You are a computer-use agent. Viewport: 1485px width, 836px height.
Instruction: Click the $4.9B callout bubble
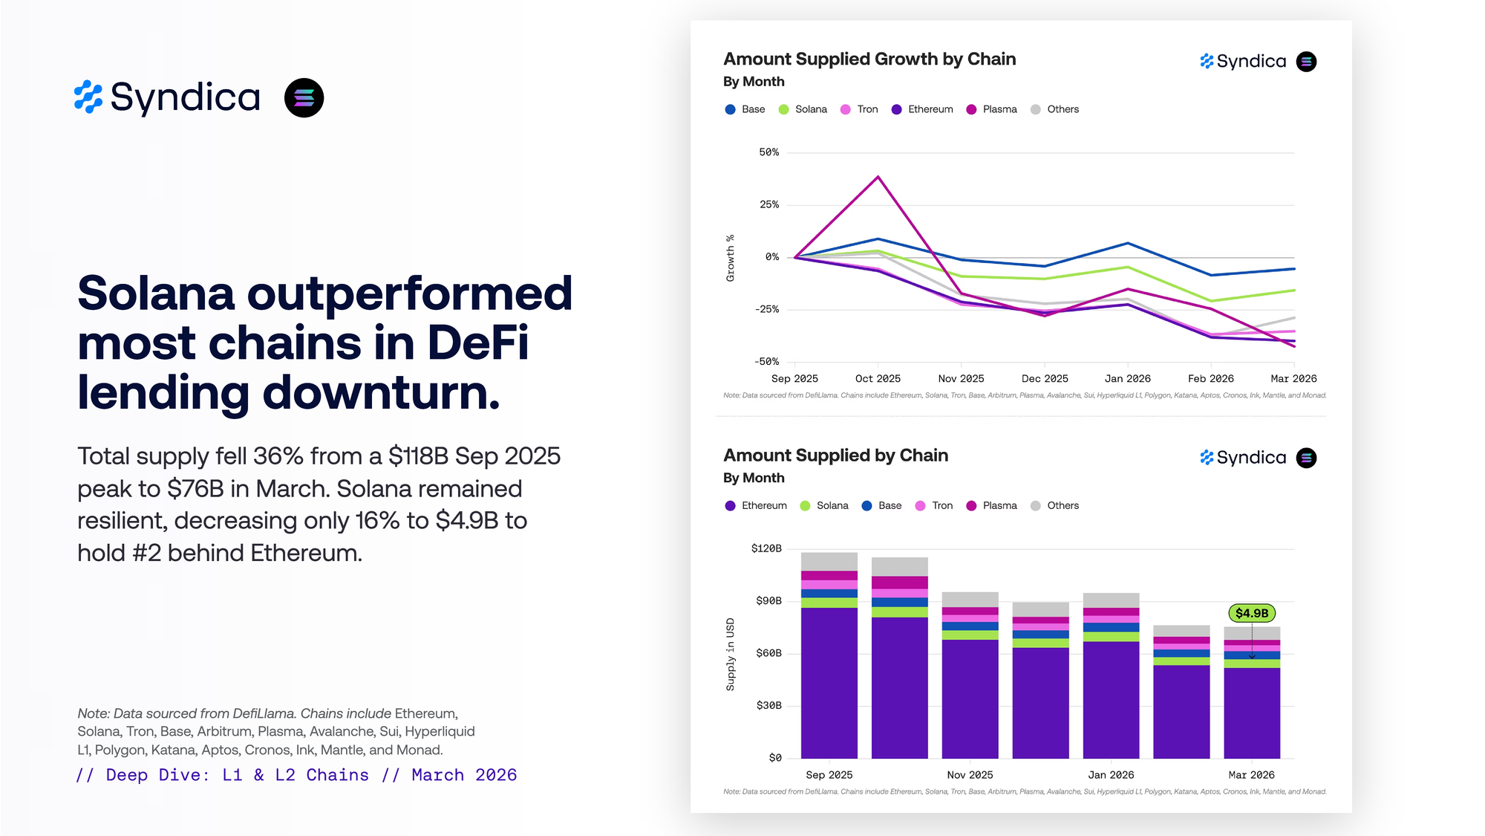pyautogui.click(x=1251, y=613)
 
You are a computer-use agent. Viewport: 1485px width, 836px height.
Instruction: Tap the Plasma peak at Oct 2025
pyautogui.click(x=878, y=177)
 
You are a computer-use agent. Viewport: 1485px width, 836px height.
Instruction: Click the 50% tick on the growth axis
pyautogui.click(x=768, y=152)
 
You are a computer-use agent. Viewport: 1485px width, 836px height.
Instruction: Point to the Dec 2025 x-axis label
pyautogui.click(x=1044, y=378)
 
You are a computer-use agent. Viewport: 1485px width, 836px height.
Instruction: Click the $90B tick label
pyautogui.click(x=768, y=600)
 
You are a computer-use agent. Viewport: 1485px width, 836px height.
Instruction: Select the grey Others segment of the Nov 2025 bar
pyautogui.click(x=970, y=599)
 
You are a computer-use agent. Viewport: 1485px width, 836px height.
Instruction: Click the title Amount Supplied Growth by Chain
pyautogui.click(x=869, y=59)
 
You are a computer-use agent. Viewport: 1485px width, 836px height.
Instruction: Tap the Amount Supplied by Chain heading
pyautogui.click(x=835, y=456)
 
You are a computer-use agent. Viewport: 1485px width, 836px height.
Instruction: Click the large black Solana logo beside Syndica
pyautogui.click(x=304, y=98)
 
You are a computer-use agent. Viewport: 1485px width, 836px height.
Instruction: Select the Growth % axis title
pyautogui.click(x=731, y=258)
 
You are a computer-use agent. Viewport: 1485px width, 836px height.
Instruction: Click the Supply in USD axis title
pyautogui.click(x=731, y=654)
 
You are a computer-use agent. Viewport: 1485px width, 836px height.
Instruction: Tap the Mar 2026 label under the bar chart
pyautogui.click(x=1251, y=774)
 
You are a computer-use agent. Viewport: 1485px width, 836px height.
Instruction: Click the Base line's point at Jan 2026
pyautogui.click(x=1127, y=243)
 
